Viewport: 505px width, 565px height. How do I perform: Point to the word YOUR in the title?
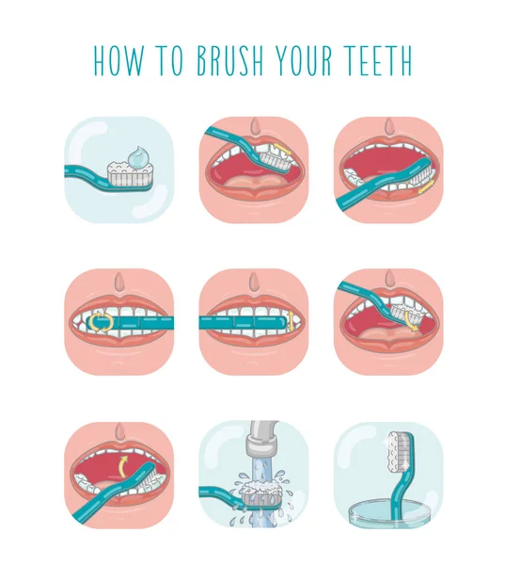pyautogui.click(x=302, y=59)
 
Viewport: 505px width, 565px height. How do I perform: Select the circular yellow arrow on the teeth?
pyautogui.click(x=99, y=324)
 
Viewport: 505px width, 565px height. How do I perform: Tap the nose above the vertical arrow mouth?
pyautogui.click(x=253, y=282)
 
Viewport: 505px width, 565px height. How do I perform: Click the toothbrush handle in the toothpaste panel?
pyautogui.click(x=85, y=171)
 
